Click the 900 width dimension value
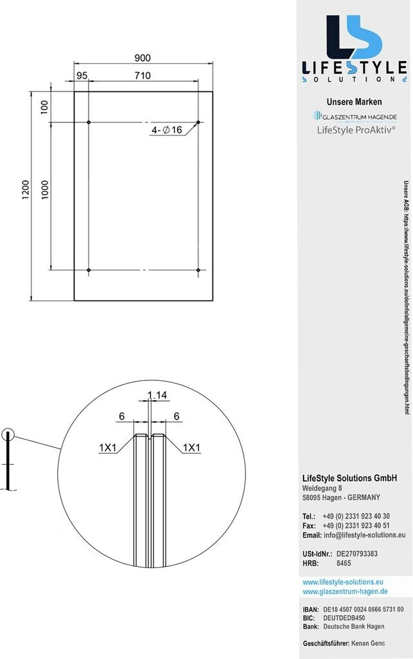pos(142,57)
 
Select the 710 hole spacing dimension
pos(142,75)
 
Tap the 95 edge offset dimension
pos(82,75)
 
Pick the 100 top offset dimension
pos(44,107)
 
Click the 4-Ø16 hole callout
pos(167,130)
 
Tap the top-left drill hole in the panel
pos(89,122)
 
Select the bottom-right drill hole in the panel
pos(182,252)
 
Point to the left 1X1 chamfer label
pos(108,447)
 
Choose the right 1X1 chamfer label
pos(191,447)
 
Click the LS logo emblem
pos(354,38)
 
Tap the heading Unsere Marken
pos(354,102)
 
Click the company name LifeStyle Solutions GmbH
pos(350,478)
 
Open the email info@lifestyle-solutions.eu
pos(365,535)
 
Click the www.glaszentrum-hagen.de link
pos(345,591)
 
